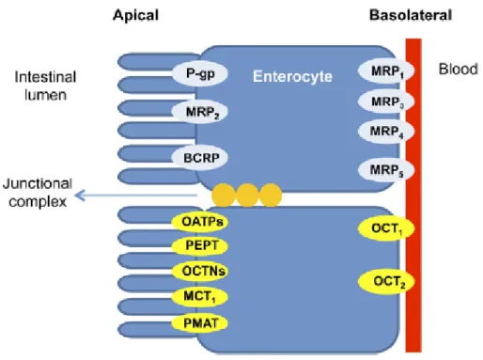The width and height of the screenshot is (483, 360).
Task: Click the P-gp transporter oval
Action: tap(199, 73)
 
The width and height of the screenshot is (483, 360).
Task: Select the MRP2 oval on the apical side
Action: tap(199, 112)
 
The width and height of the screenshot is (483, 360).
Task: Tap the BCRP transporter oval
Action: tap(199, 158)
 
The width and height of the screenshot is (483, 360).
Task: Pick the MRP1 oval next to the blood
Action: tap(386, 70)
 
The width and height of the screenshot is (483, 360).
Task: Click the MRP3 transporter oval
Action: tap(386, 102)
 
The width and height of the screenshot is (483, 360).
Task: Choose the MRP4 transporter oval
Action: tap(386, 132)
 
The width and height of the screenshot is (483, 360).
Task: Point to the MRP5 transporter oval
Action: tap(386, 170)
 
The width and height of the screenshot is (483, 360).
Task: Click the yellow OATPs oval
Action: tap(199, 222)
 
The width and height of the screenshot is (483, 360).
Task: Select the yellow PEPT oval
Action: tap(199, 245)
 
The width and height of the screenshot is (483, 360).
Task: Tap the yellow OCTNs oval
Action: tap(199, 271)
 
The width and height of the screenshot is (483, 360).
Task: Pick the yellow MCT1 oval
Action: tap(199, 296)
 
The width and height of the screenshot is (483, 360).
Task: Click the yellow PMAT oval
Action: tap(199, 323)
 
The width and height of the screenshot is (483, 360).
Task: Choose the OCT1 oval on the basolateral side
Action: tap(386, 228)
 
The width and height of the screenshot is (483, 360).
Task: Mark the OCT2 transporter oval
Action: tap(386, 281)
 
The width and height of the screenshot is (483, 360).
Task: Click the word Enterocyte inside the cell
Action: tap(292, 76)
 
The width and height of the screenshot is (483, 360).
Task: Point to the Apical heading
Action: tap(135, 15)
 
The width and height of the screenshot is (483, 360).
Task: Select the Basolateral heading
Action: tap(411, 15)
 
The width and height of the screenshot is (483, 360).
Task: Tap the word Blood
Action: tap(459, 70)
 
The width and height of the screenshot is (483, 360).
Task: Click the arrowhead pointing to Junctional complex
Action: tap(80, 196)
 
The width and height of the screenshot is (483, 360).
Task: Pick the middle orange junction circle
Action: tap(247, 196)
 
